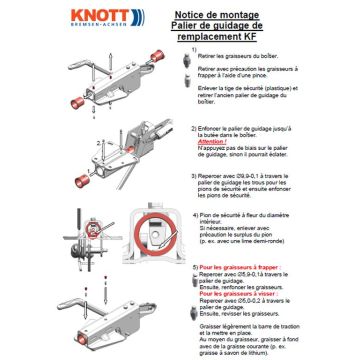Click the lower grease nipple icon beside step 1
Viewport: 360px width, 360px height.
tap(191, 94)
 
